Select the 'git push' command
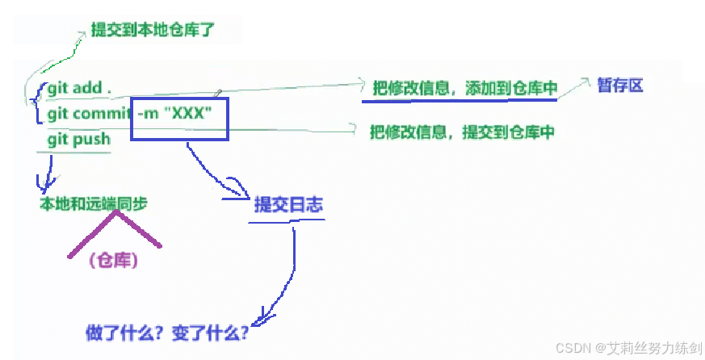tap(78, 139)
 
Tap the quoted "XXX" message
tap(187, 114)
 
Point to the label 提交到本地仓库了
tap(153, 31)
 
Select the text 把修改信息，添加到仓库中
tap(464, 89)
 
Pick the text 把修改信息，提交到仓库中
tap(462, 132)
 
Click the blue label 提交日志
tap(288, 205)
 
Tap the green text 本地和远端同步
tap(94, 205)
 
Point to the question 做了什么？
tap(122, 332)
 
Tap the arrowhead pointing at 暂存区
tap(583, 82)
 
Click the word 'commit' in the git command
tap(102, 114)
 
